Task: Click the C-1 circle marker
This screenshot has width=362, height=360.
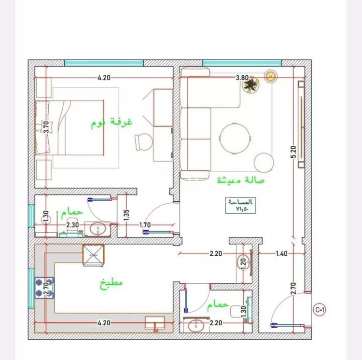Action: point(320,310)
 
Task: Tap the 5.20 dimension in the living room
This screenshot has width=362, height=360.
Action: point(293,152)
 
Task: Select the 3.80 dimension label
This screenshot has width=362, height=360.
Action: point(242,78)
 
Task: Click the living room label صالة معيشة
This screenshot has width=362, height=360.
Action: point(241,180)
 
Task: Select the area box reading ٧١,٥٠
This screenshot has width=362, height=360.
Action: point(240,206)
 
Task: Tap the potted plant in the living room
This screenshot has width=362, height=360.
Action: point(250,84)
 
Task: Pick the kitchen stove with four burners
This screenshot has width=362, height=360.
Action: point(44,288)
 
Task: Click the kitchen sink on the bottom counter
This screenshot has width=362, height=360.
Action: point(155,323)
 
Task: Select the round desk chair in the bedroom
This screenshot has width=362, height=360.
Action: point(144,142)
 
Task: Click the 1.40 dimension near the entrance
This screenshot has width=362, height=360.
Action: point(282,254)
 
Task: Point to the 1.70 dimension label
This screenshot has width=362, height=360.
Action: point(145,224)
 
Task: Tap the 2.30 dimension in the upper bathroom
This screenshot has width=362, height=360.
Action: point(72,224)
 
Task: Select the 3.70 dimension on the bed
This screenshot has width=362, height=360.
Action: point(46,127)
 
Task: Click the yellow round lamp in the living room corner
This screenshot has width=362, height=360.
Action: point(271,76)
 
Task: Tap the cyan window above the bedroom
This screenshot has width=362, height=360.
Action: point(104,63)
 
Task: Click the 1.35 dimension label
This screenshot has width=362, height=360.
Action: point(126,215)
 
